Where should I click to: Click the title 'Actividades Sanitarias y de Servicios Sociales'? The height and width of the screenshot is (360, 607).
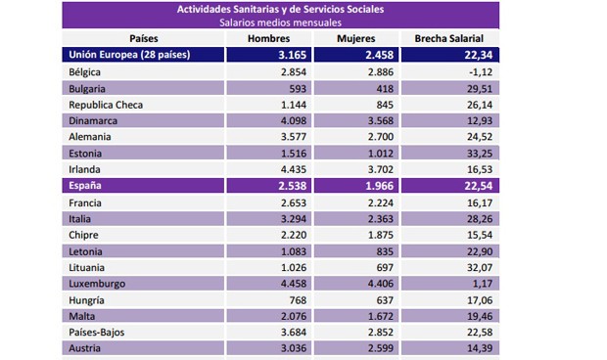(281, 9)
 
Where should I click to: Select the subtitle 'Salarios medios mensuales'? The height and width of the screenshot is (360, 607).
(281, 22)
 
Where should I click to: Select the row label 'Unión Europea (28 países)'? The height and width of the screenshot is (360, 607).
(127, 55)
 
